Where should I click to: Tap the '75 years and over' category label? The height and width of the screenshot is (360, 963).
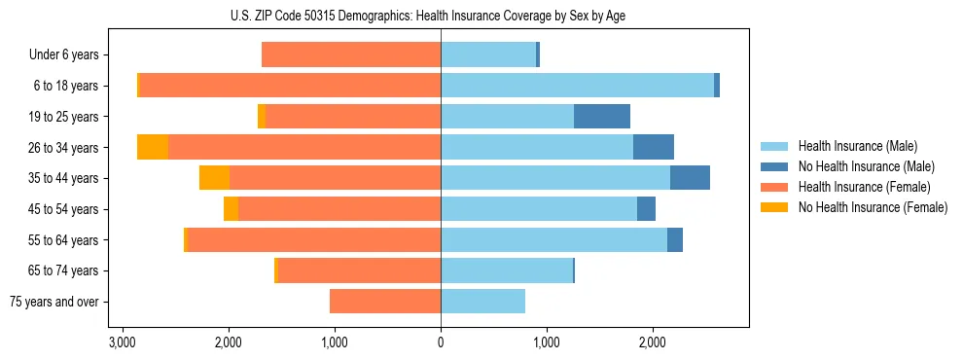coord(53,302)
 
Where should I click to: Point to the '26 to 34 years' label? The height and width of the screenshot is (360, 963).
coord(63,148)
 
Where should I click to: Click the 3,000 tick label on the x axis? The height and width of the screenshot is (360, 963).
coord(122,342)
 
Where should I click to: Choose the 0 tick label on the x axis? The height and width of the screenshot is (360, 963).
coord(441,342)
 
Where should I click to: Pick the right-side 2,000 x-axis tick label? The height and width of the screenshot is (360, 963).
coord(653,342)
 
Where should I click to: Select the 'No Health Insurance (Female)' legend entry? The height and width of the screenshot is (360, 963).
coord(873,207)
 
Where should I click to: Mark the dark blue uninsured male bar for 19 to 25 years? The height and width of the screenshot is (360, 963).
coord(602,117)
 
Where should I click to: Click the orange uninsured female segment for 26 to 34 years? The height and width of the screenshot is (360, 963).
coord(153,147)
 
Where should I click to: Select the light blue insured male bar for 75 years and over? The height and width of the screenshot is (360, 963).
coord(482,302)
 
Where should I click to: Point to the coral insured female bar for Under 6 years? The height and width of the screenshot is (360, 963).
coord(351,54)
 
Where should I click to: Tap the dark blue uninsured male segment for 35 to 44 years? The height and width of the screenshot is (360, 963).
coord(690,178)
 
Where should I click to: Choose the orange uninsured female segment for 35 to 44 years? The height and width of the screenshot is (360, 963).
coord(214,178)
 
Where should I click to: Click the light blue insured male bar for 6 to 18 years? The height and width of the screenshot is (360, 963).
coord(577,86)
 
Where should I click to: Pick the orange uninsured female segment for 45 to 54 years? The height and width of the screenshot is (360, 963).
coord(231,209)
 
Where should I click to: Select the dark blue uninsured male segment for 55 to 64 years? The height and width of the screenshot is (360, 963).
coord(675,239)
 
